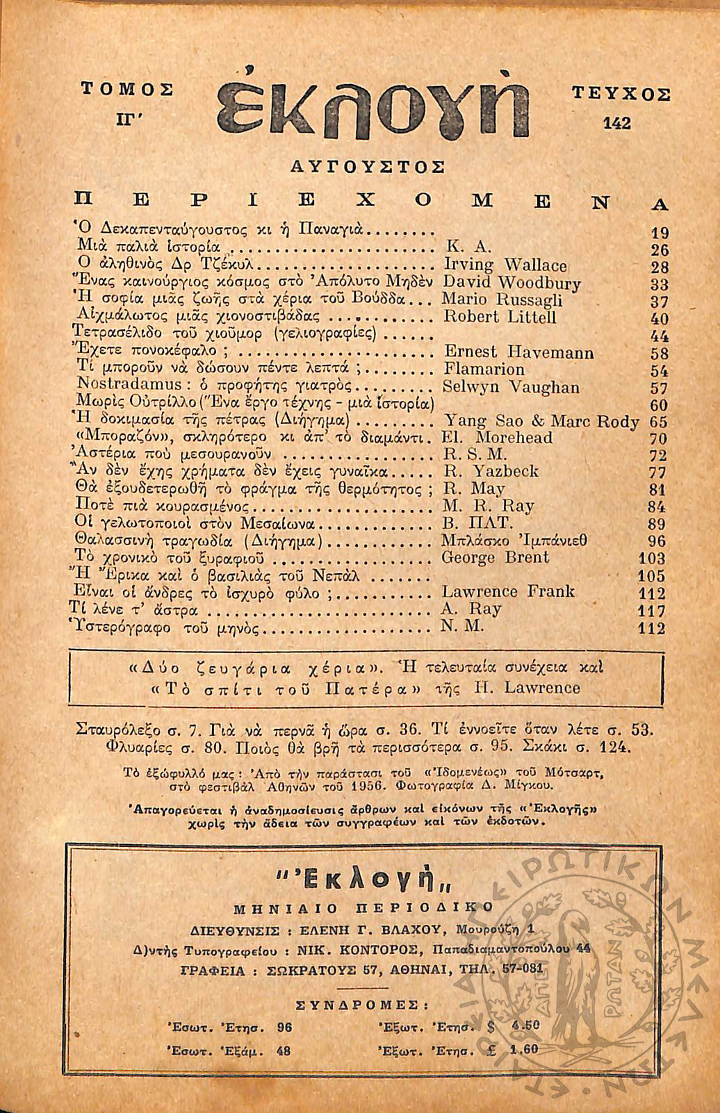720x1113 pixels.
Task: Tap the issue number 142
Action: point(617,123)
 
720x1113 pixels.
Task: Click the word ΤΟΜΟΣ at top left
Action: point(126,89)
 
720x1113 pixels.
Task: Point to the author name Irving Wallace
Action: point(505,265)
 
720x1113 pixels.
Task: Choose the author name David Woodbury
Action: point(511,283)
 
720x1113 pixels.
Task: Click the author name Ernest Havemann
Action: point(518,352)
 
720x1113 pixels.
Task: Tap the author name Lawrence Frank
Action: point(508,592)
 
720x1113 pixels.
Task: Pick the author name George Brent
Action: point(495,557)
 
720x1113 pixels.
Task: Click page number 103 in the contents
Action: point(652,559)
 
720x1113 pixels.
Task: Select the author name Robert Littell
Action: point(500,318)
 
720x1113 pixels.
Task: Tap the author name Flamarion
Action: point(484,370)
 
